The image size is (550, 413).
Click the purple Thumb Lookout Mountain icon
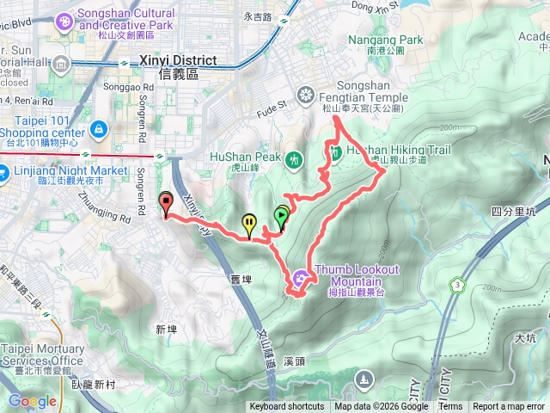pos(300,277)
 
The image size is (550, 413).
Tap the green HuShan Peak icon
pos(295,159)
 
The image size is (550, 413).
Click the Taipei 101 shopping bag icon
pos(101,129)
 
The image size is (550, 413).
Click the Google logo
pos(33,401)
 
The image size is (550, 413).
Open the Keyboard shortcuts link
pos(287,407)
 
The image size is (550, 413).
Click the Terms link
pos(450,407)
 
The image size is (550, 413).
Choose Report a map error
pos(510,407)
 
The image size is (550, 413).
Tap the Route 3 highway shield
pos(455,283)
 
